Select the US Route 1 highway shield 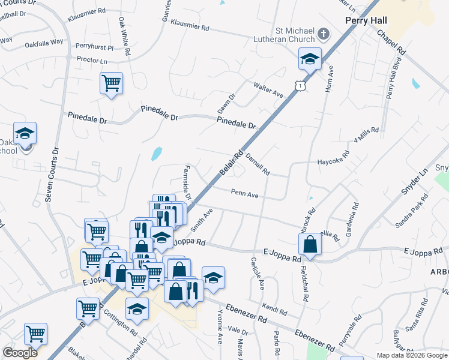coord(299,86)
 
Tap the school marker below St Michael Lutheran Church coord(310,59)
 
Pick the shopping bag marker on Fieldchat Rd coord(310,244)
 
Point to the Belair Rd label coord(231,163)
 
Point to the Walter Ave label coord(268,90)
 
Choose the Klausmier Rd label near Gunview coord(190,26)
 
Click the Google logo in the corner coord(20,353)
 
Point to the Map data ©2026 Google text coord(412,355)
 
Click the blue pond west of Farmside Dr coord(157,154)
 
